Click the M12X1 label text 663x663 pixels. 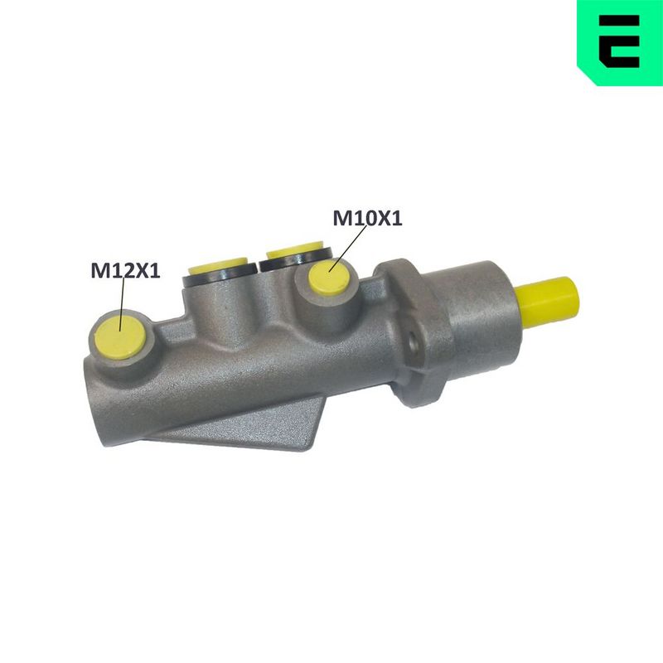coord(126,271)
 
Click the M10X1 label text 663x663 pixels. coord(367,219)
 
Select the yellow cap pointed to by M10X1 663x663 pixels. coord(329,278)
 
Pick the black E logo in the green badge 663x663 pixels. coord(619,41)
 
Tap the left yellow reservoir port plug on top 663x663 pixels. coord(218,265)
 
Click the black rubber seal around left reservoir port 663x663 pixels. coord(220,277)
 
